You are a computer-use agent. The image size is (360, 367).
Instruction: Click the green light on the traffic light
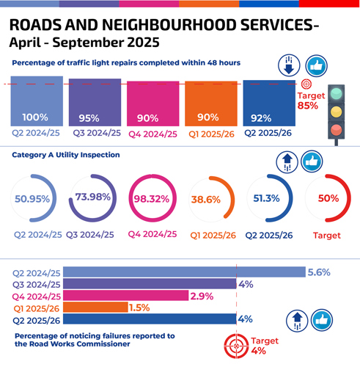(x=336, y=94)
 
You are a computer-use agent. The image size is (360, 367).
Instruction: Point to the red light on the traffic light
(x=336, y=130)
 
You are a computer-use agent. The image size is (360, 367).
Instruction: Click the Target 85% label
(x=307, y=101)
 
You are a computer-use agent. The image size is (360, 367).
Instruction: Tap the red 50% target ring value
(x=327, y=198)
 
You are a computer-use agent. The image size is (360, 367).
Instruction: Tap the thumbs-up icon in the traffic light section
(x=315, y=65)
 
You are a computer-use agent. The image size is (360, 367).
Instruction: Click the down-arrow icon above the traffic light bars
(x=288, y=65)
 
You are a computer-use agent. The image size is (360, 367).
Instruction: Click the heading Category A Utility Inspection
(x=66, y=155)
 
